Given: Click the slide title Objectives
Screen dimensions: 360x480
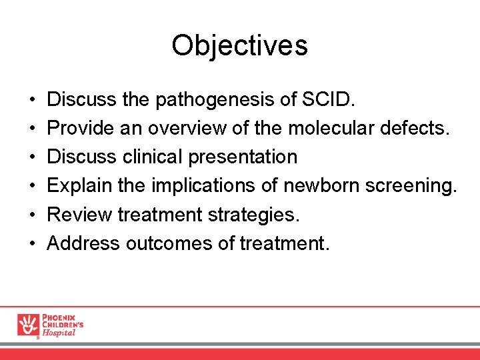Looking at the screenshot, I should pos(239,45).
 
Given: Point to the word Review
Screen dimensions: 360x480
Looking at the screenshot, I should pos(79,215).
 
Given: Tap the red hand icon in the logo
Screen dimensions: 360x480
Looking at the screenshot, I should pos(28,325).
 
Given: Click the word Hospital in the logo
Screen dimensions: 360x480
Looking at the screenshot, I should pos(59,333).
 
